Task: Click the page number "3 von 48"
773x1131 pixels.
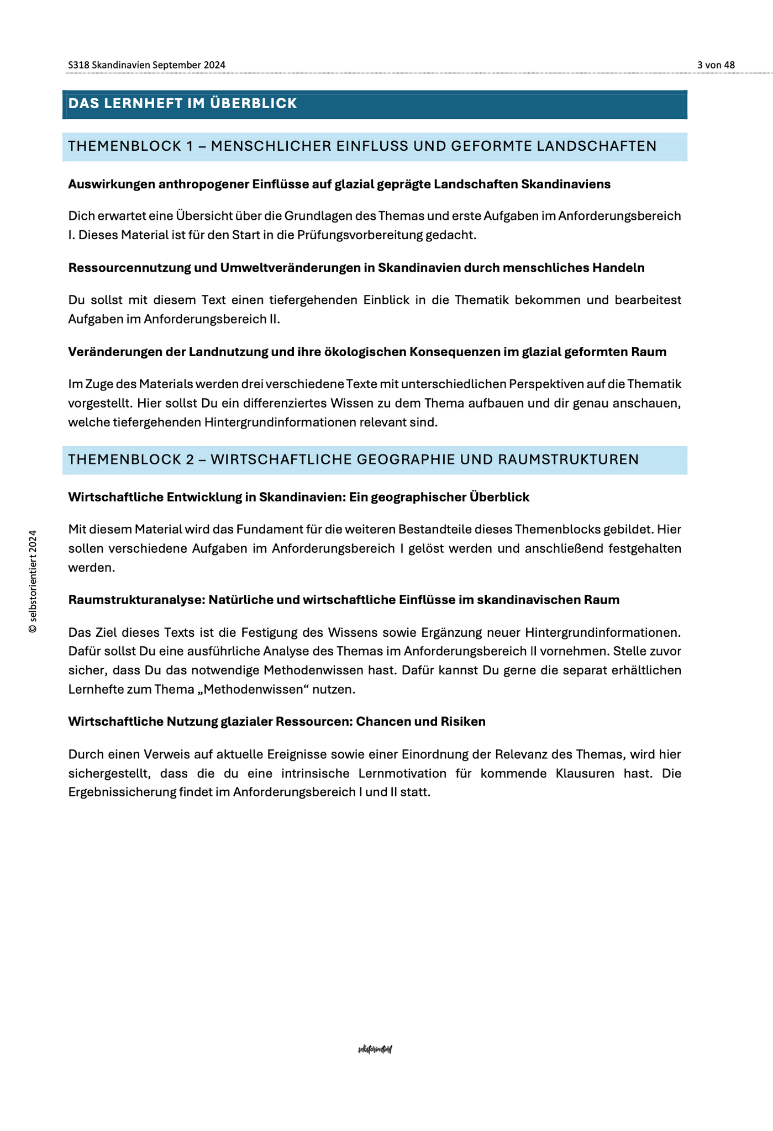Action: (716, 65)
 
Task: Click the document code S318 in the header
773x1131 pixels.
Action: (78, 65)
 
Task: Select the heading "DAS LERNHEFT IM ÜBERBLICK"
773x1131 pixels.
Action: (182, 103)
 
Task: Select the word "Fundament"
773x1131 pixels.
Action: (264, 530)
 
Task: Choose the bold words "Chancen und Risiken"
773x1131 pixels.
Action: (421, 722)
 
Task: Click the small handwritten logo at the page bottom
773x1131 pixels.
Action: (375, 1049)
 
